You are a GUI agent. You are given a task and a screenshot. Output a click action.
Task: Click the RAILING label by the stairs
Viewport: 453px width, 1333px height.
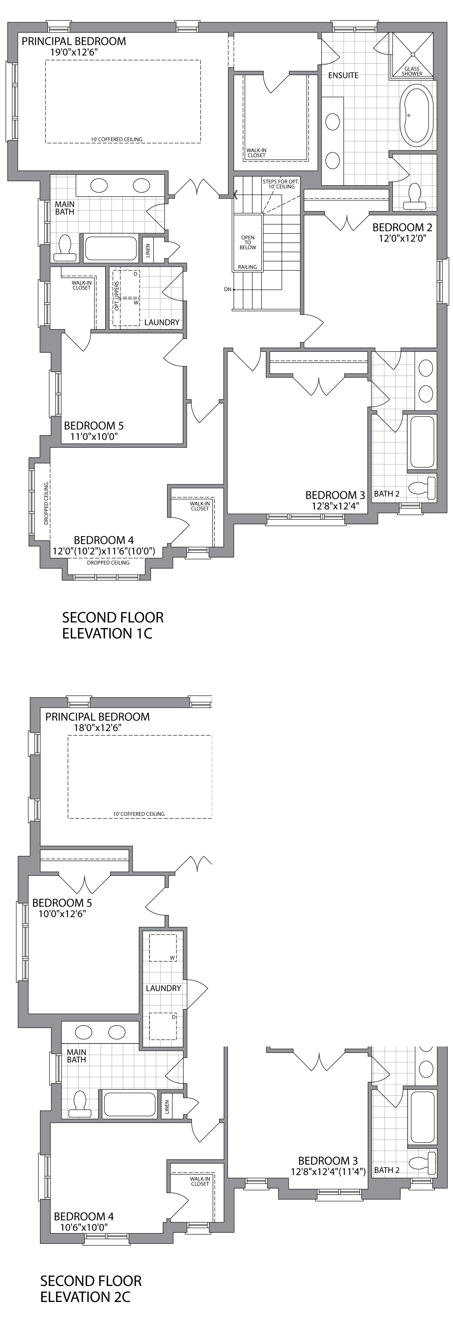coord(247,267)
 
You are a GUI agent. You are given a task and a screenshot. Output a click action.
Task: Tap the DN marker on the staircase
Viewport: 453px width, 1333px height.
coord(227,289)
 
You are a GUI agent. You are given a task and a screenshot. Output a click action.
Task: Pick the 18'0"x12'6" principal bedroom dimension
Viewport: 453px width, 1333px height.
coord(97,728)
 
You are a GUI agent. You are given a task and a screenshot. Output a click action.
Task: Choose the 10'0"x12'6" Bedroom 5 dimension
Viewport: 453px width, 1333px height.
coord(62,913)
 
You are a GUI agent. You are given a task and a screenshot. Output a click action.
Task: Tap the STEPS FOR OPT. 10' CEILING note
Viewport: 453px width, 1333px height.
coord(279,184)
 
